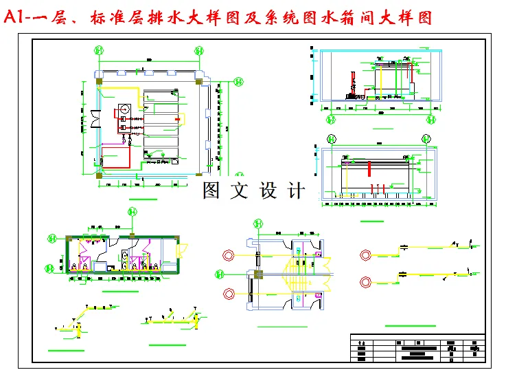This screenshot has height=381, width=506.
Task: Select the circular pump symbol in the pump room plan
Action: pos(125,108)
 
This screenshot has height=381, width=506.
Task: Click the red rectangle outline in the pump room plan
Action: pos(115,156)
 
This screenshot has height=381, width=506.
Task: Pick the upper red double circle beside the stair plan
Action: pos(227,256)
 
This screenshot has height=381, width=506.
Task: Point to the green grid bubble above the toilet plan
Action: pos(130,212)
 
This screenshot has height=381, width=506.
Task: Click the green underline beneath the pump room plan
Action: pos(143,199)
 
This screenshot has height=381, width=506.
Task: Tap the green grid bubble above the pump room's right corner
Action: pos(198,50)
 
